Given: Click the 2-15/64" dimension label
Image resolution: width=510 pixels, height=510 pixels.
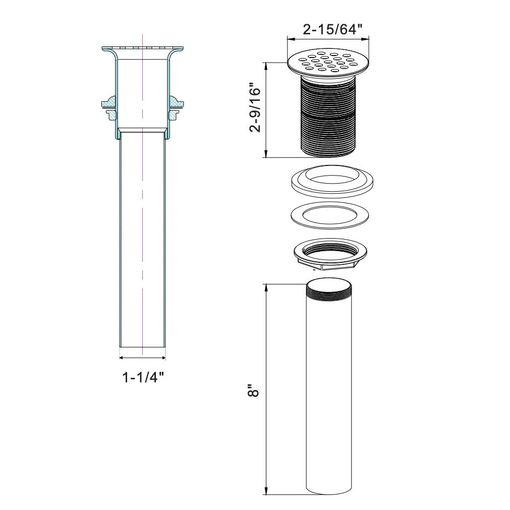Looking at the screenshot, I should pos(332,29).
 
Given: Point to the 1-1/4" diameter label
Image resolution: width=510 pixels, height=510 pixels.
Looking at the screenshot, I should pos(143,377).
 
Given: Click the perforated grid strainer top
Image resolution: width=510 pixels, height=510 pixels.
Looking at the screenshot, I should pos(328,63).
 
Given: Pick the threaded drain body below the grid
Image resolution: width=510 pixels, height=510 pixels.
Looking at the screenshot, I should pos(328,116).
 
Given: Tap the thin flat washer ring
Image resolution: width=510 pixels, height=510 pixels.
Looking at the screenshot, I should pos(332,215).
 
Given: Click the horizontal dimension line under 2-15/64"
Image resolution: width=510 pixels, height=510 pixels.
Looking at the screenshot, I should pos(328,38).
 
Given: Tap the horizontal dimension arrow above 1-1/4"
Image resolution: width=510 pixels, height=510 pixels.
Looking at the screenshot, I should pos(143,358).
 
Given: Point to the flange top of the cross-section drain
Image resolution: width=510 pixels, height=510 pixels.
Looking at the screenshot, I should pos(142,48).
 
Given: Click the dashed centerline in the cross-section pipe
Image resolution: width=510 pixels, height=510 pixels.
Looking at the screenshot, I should pos(143,227).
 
